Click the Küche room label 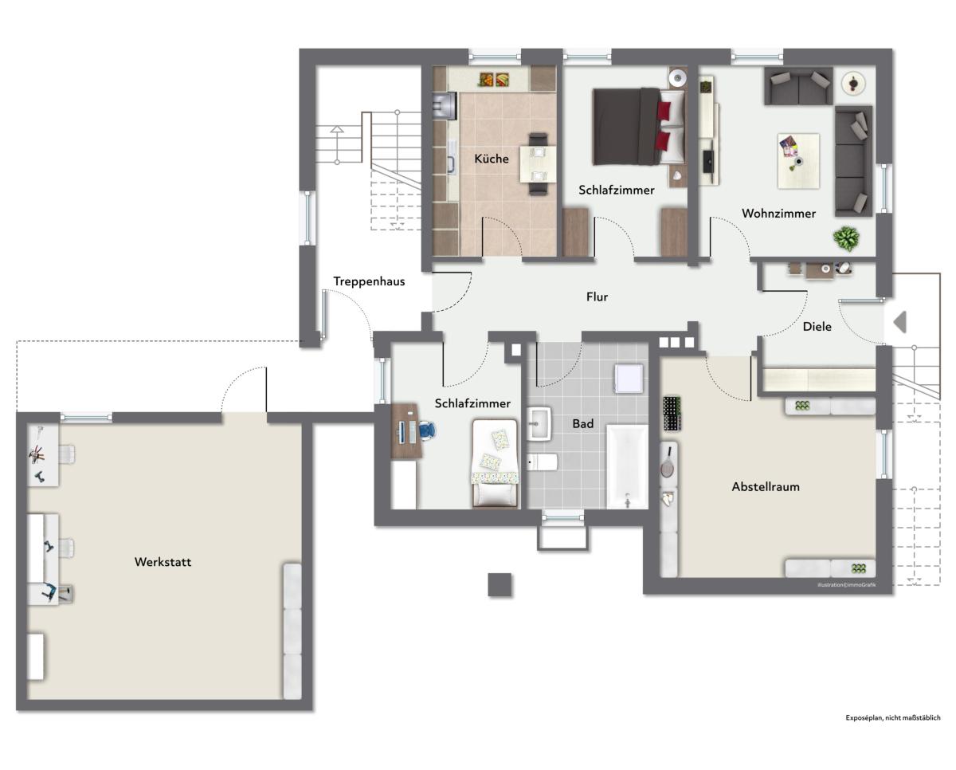492,159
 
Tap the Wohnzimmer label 779,214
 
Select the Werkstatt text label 163,562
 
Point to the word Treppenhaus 369,281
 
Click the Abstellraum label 766,487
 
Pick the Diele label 817,327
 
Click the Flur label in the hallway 597,297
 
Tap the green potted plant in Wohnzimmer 846,239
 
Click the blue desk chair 426,430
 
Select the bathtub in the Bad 627,467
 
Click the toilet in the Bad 543,462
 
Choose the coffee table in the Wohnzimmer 799,161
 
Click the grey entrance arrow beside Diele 900,322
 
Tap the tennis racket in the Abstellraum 668,462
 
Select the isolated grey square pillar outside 500,584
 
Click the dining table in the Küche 538,164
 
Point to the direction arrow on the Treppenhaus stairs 337,144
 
